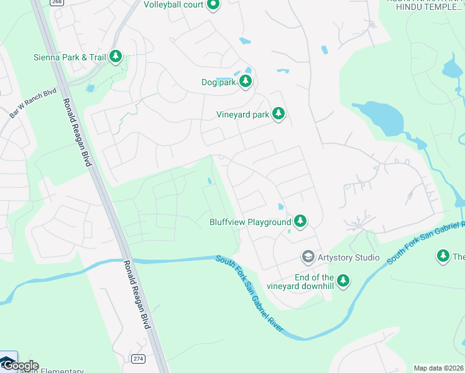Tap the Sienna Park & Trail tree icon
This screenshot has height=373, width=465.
115,57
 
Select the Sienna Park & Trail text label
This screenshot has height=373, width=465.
70,57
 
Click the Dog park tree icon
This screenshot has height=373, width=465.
246,81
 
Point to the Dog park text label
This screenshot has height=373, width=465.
219,82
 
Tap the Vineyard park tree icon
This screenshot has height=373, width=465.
279,114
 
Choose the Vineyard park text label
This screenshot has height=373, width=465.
242,114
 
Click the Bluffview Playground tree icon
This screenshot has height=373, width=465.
300,221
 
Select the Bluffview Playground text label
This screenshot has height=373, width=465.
250,222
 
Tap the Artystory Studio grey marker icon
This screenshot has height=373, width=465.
308,256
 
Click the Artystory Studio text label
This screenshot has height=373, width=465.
349,257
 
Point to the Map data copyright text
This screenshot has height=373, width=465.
438,368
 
